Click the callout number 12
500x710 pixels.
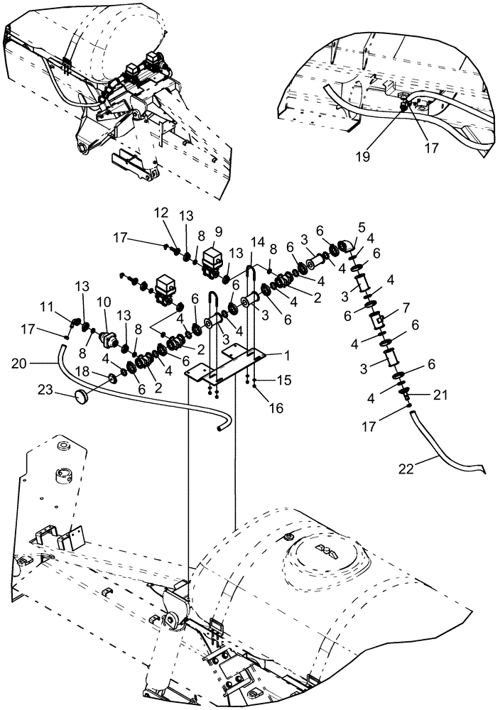[161, 212]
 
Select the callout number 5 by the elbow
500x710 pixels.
[362, 227]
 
